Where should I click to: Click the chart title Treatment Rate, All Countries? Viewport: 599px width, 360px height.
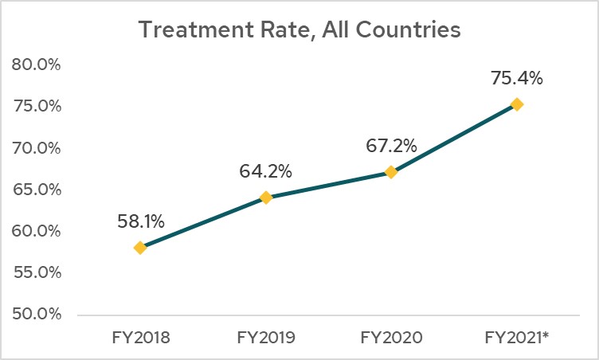tap(299, 30)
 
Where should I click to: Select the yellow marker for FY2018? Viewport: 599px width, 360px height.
tap(140, 248)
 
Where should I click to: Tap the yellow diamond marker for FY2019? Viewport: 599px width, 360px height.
tap(266, 198)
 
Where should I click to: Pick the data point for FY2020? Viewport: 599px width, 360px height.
tap(391, 172)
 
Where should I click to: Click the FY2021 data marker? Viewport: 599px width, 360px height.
tap(517, 104)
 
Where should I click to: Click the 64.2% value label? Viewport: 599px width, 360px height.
tap(266, 171)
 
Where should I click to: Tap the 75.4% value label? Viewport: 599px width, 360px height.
tap(516, 78)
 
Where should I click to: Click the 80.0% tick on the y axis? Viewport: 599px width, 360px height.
tap(37, 65)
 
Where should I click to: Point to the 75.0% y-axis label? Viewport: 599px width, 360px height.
tap(37, 106)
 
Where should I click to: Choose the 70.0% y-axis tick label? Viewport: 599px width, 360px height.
tap(37, 147)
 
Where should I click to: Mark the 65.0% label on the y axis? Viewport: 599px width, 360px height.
tap(37, 190)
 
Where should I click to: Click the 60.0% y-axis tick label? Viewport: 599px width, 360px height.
tap(37, 231)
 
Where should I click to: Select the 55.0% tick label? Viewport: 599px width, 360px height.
tap(37, 272)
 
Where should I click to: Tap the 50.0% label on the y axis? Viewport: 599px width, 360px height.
tap(37, 314)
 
